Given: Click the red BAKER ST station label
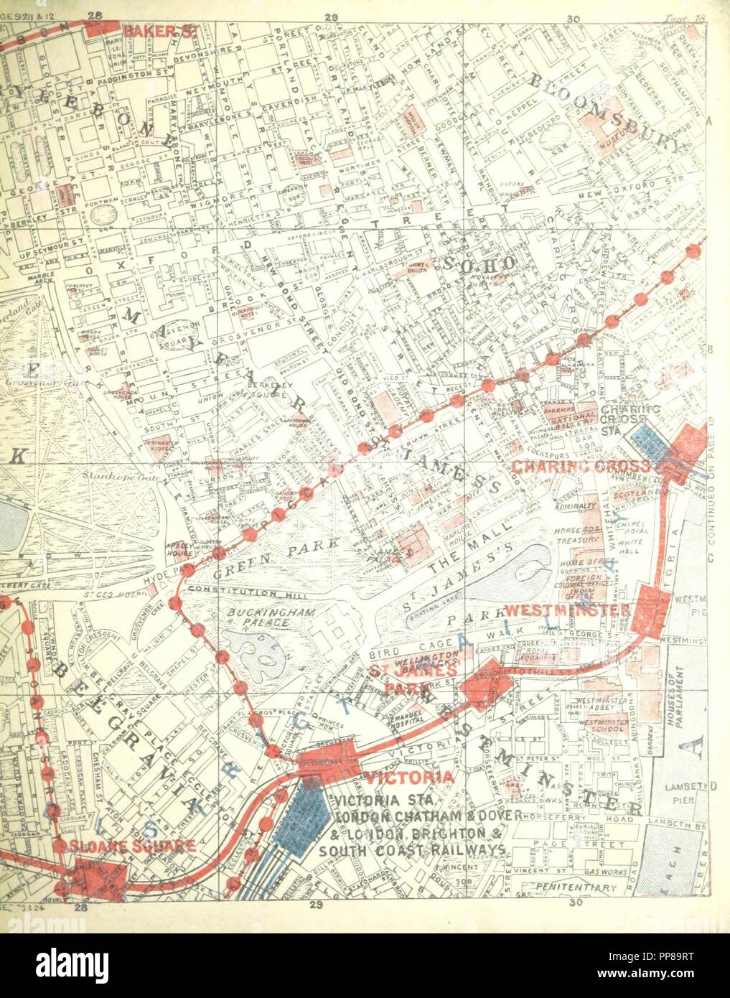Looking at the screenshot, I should (x=151, y=31).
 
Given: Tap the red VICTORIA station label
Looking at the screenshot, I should (x=409, y=778).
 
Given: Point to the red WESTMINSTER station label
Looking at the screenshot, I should (x=567, y=609).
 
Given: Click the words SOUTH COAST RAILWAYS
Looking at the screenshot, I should (x=413, y=851).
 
